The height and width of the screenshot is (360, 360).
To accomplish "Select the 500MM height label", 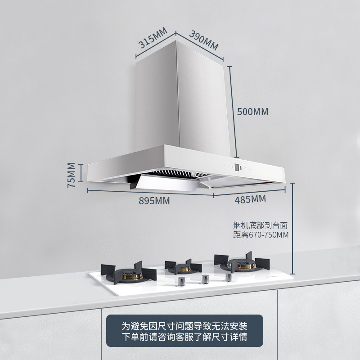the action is (252, 112).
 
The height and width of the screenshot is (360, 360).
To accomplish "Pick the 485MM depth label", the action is (250, 198).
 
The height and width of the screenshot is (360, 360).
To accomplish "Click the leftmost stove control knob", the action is (181, 282).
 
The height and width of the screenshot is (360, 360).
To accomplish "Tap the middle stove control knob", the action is (205, 279).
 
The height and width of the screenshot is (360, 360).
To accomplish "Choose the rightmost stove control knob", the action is (229, 276).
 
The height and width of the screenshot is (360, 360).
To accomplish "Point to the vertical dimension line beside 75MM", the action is (81, 173).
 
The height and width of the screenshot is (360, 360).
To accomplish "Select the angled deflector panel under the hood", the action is (166, 184).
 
